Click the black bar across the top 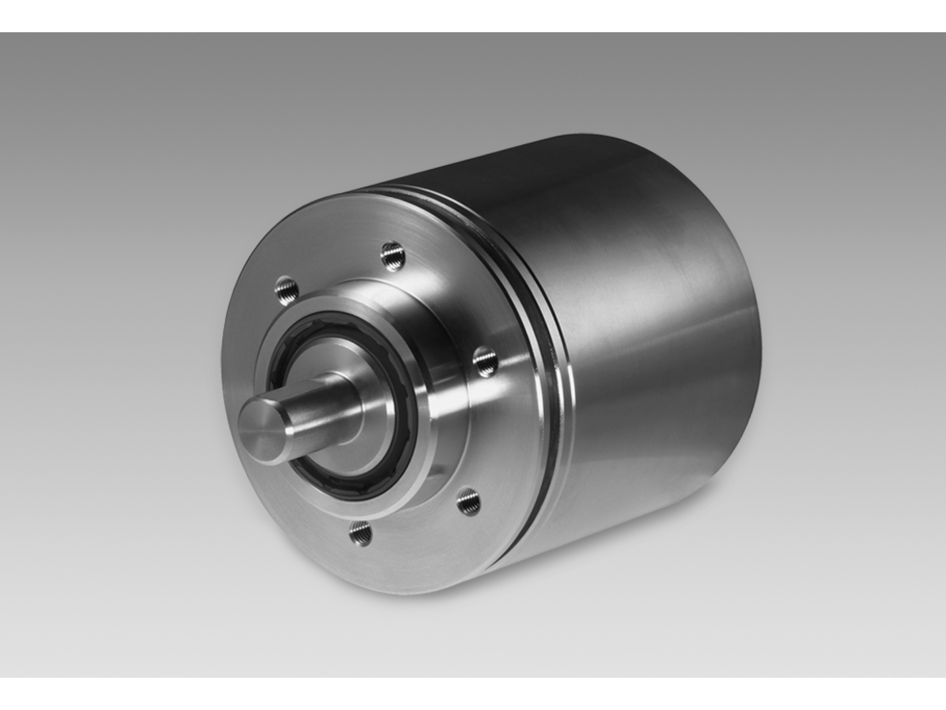coord(473,16)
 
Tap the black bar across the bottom coord(473,694)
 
